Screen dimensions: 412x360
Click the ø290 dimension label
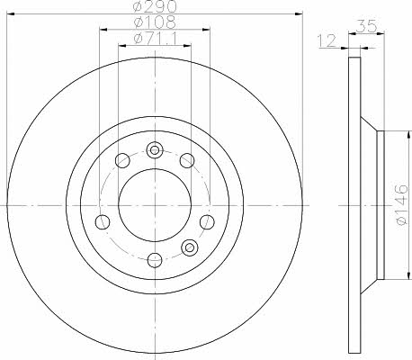pyautogui.click(x=155, y=6)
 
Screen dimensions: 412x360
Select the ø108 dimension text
pyautogui.click(x=155, y=22)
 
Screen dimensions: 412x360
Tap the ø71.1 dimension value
pyautogui.click(x=155, y=39)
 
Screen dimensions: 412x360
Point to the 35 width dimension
pyautogui.click(x=367, y=26)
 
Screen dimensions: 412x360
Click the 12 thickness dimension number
pyautogui.click(x=327, y=41)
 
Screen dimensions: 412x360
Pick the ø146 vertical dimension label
pyautogui.click(x=402, y=204)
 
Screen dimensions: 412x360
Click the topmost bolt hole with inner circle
pyautogui.click(x=155, y=149)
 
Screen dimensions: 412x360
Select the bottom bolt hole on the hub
pyautogui.click(x=155, y=260)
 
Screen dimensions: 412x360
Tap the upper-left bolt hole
pyautogui.click(x=122, y=160)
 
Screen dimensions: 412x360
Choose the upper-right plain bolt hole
pyautogui.click(x=187, y=160)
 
